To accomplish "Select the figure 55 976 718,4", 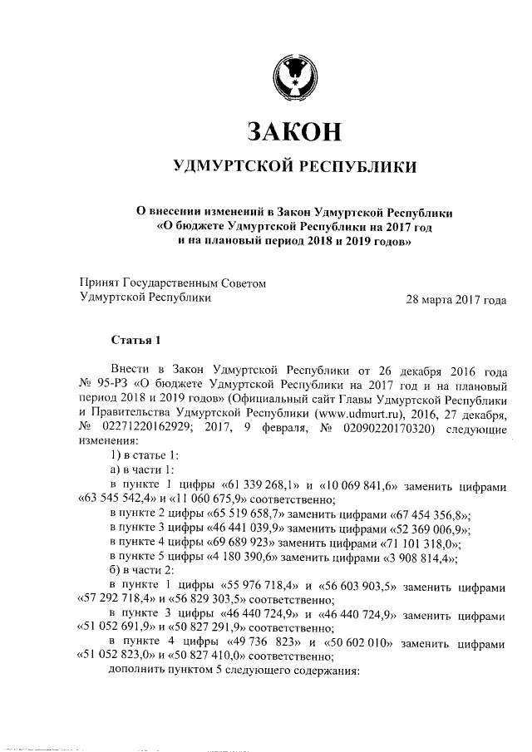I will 266,587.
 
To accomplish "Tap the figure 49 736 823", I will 267,643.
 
